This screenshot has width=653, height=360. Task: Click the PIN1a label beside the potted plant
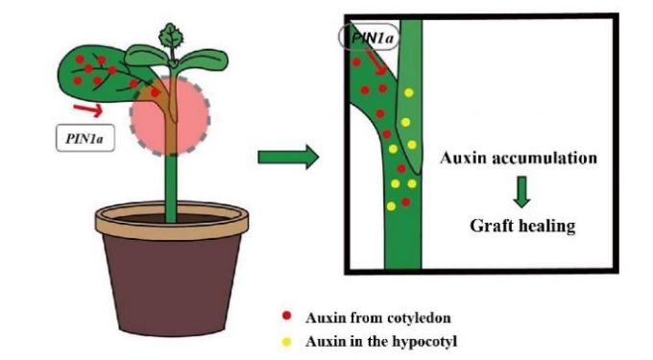coord(85,137)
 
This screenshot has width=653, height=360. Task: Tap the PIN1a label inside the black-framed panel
coord(370,37)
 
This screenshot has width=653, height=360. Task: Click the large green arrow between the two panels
coord(288,157)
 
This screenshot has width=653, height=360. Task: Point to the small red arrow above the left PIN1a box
coord(88,109)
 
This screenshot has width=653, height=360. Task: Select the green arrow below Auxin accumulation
coord(521,191)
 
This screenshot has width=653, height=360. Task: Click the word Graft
coord(491,226)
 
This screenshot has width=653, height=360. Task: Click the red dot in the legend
coord(286,316)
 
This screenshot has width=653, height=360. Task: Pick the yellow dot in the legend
coord(286,342)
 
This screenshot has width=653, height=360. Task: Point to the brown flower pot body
coord(172,284)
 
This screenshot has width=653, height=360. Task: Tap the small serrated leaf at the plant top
coord(171,37)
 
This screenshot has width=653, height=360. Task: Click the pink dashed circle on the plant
coord(170,116)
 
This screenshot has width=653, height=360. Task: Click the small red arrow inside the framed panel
coord(376,63)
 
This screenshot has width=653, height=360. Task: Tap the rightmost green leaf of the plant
coord(204,60)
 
